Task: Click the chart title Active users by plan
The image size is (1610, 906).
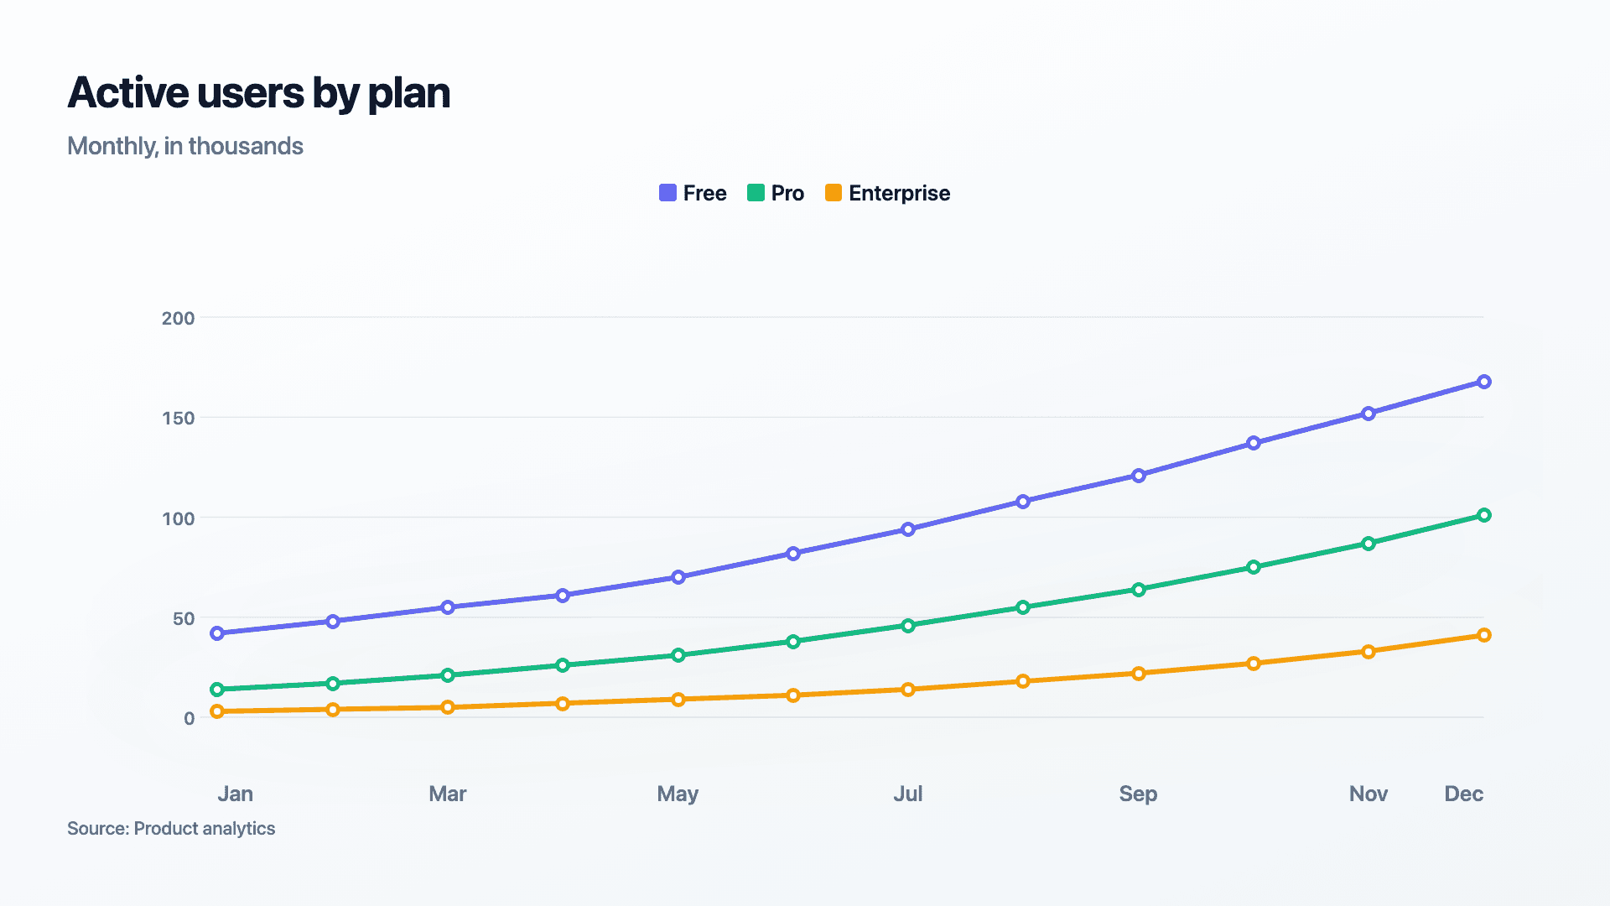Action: [x=258, y=93]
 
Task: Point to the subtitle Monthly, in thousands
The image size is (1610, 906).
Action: [x=184, y=146]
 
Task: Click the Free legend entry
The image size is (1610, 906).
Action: [x=693, y=193]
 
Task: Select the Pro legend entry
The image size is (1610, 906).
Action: [x=776, y=193]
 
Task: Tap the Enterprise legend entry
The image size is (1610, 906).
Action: [x=888, y=193]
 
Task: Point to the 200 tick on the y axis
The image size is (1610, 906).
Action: [x=178, y=318]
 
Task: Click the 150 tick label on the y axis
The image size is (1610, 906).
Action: [x=178, y=418]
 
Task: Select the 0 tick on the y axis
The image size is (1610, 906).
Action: [x=190, y=718]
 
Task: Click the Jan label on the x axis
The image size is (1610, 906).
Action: [x=235, y=794]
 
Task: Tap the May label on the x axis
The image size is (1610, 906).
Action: [x=678, y=794]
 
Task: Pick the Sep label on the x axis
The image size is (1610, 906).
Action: [x=1138, y=794]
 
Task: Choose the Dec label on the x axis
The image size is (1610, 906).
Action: [x=1463, y=794]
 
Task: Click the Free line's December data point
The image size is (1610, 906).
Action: [x=1483, y=382]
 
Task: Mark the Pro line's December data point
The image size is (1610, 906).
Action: [x=1483, y=515]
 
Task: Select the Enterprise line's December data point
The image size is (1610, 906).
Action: [x=1483, y=635]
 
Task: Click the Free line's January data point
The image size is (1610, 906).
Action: [x=217, y=633]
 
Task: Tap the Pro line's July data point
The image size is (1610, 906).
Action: [x=908, y=626]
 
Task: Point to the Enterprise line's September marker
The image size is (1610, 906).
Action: [x=1138, y=674]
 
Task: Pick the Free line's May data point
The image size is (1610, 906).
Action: [x=678, y=577]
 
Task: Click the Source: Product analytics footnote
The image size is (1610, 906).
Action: [x=171, y=829]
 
